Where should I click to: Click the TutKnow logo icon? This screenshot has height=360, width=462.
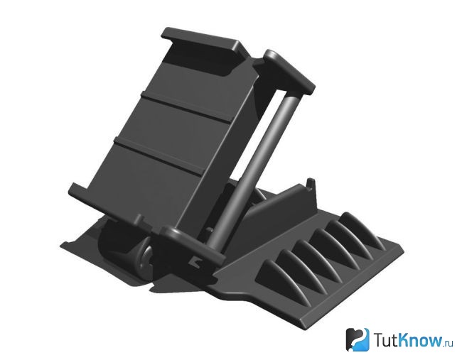tap(357, 339)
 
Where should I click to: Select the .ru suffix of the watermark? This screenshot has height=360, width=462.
tap(448, 343)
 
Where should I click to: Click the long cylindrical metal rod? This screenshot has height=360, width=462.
tap(251, 169)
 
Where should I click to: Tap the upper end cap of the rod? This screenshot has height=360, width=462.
tap(289, 71)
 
